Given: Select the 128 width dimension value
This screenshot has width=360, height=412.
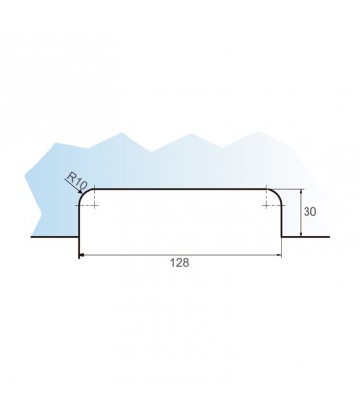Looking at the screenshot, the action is [179, 263].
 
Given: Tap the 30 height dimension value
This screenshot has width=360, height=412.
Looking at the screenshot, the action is [309, 212].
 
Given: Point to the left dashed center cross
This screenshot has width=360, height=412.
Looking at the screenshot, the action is [94, 205].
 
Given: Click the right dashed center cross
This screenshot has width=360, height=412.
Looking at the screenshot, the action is [266, 205].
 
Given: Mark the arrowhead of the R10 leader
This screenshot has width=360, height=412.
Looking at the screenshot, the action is [80, 192].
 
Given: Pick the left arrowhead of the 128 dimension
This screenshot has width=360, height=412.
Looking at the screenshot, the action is [82, 255].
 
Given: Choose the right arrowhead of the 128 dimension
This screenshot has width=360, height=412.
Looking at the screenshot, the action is [278, 255].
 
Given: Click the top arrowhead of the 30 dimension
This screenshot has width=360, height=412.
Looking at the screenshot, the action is [301, 192].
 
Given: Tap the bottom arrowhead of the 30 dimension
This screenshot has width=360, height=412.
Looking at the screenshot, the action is [301, 233].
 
